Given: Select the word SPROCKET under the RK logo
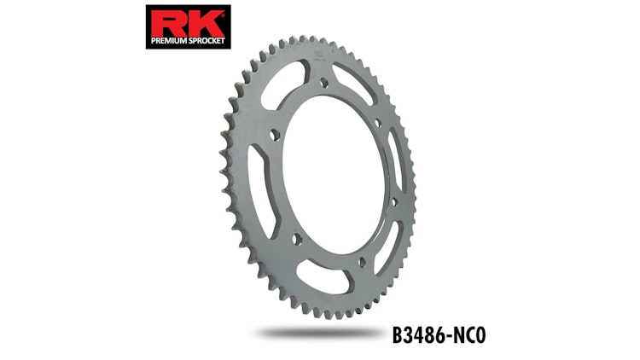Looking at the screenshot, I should (x=205, y=38).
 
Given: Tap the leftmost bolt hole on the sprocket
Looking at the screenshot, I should (x=272, y=136).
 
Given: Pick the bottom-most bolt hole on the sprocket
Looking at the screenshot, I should (x=361, y=261).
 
